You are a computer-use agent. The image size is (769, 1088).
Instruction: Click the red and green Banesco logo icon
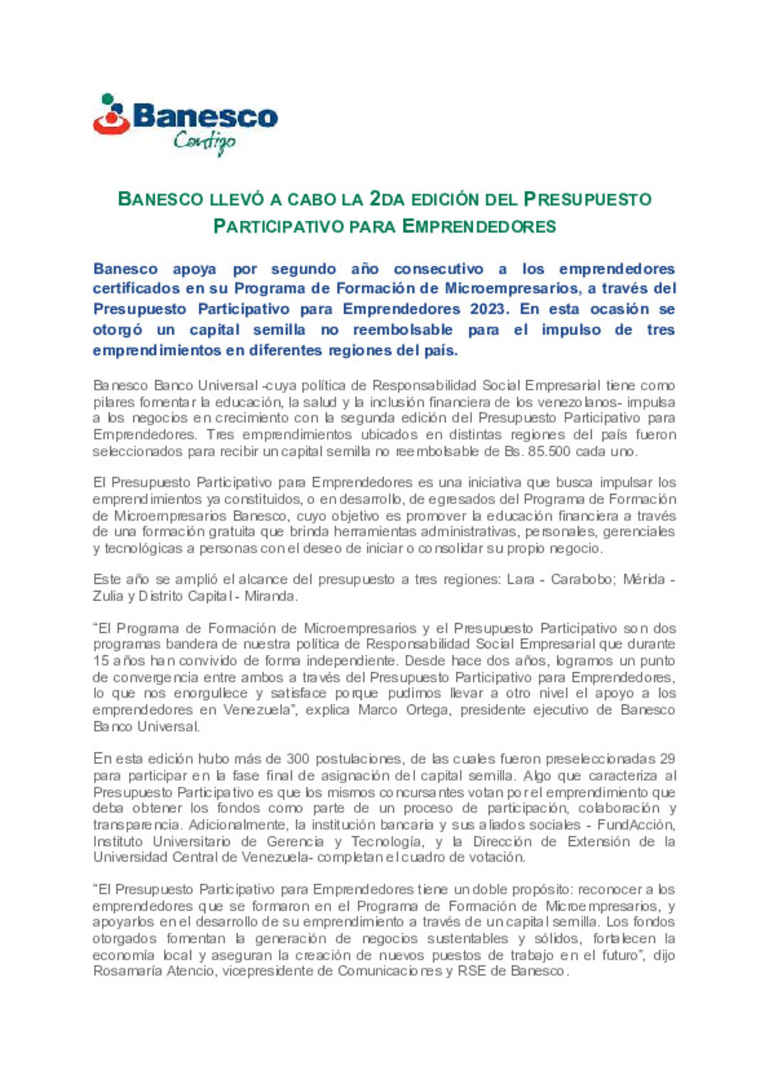[110, 115]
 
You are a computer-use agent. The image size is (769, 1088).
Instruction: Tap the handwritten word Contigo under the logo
[204, 142]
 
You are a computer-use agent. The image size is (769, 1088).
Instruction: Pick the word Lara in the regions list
[520, 580]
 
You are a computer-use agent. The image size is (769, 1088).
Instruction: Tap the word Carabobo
[581, 580]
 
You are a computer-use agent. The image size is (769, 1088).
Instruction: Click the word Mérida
[644, 580]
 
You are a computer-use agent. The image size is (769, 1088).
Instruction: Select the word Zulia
[108, 596]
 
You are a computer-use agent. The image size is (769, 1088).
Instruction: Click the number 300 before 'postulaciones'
[297, 759]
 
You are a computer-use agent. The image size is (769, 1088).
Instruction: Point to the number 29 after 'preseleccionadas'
[667, 759]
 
